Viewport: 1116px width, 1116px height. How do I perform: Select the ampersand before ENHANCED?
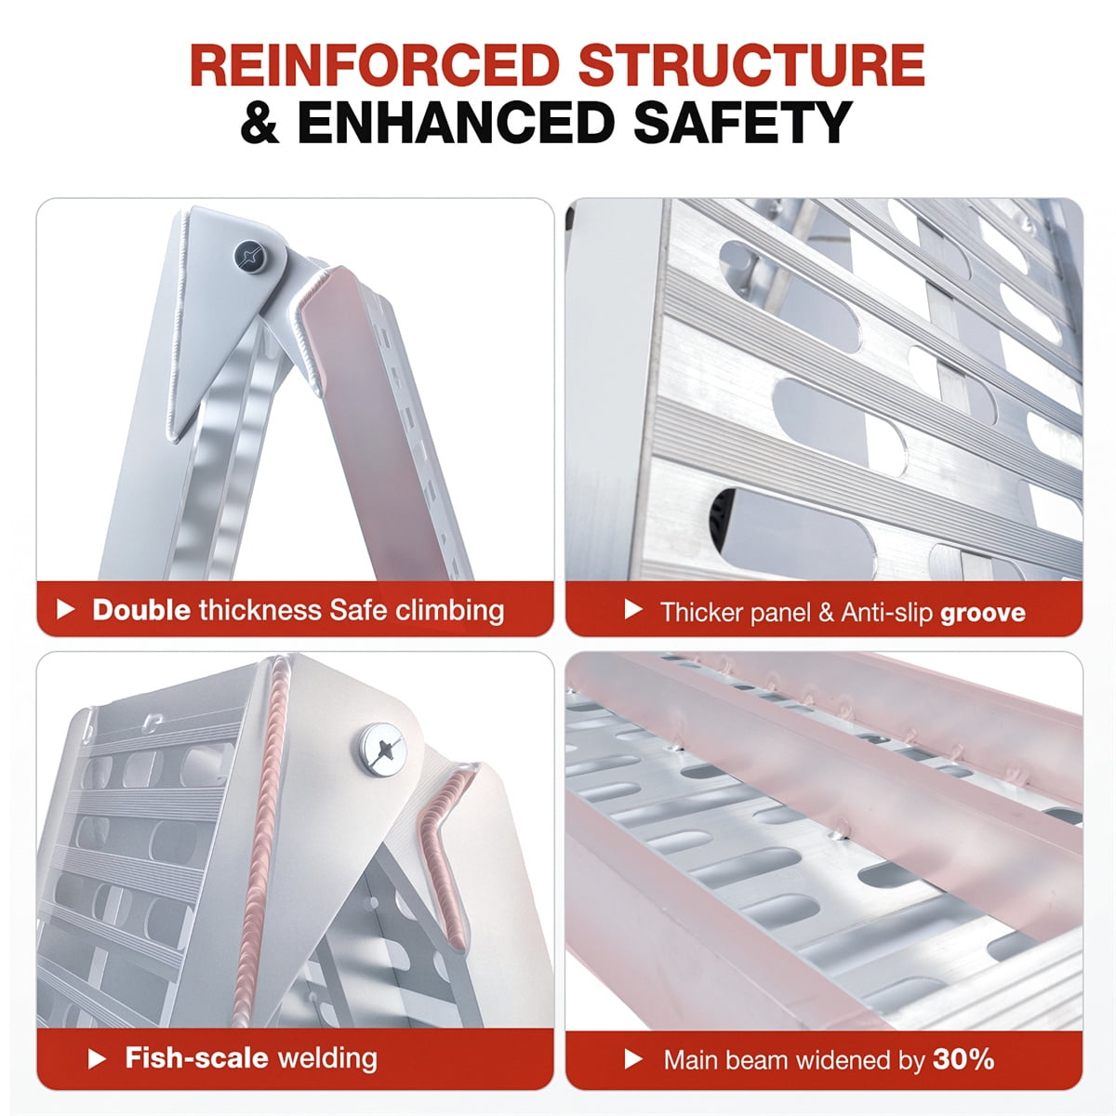coord(260,122)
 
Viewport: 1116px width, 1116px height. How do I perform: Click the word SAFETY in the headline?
coord(743,122)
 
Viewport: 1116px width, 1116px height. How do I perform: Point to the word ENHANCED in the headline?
coord(456,122)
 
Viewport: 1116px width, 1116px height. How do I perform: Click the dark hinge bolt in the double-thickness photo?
coord(251,256)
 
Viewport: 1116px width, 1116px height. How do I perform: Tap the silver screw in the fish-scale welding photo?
coord(382,750)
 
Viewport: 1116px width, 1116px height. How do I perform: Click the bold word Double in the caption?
coord(141,610)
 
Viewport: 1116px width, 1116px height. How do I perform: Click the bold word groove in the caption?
coord(983,613)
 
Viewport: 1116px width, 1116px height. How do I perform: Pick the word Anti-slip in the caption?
coord(886,612)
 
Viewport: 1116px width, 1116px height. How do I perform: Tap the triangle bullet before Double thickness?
coord(65,609)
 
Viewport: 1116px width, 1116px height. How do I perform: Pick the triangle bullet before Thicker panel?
coord(633,610)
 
